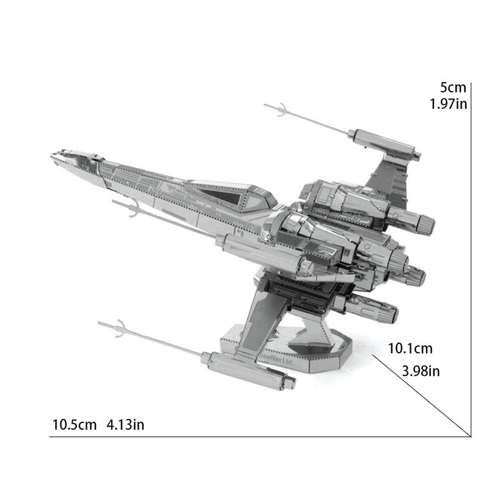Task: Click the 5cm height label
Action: pos(452,87)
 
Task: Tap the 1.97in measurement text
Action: pos(448,104)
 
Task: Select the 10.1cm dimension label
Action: pos(410,349)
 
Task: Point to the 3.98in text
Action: pos(421,370)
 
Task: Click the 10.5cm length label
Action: pos(75,424)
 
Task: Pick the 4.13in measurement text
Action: pos(125,424)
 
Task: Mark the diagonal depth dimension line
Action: pos(422,394)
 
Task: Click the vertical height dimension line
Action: pos(471,257)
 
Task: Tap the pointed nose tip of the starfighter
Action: pos(53,155)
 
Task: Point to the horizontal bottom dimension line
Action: pos(257,436)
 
